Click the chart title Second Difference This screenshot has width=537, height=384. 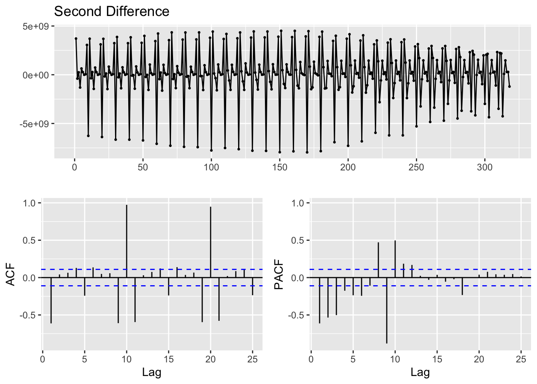click(111, 11)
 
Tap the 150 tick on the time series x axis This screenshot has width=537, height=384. click(280, 167)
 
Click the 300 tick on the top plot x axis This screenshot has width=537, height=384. click(485, 167)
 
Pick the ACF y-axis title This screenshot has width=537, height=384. click(11, 274)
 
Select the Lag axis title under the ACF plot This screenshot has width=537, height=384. click(152, 373)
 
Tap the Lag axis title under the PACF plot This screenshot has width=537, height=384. click(420, 373)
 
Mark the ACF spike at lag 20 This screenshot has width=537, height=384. click(211, 242)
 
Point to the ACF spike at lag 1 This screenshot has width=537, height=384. click(51, 300)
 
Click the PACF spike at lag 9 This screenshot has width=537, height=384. click(387, 310)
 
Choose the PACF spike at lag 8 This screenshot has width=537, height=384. click(378, 260)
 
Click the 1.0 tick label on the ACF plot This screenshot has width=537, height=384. click(30, 203)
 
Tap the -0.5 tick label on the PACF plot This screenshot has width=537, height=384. click(297, 315)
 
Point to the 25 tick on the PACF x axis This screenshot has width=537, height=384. click(521, 359)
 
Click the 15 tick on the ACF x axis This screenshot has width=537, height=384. click(169, 359)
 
